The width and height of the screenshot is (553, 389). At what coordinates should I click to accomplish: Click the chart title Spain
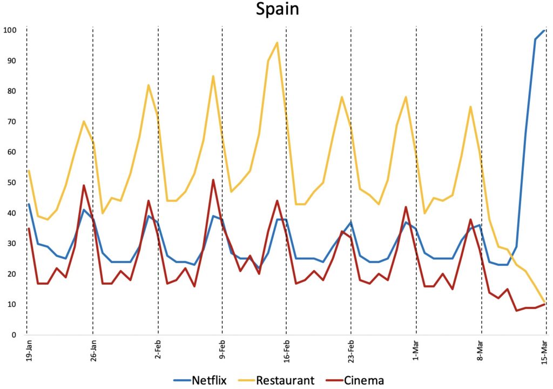[277, 10]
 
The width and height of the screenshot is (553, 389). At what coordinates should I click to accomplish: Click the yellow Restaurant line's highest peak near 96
[277, 43]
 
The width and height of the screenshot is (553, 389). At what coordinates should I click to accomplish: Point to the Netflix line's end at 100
[544, 30]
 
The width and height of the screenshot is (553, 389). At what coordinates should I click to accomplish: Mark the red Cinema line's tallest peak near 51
[213, 180]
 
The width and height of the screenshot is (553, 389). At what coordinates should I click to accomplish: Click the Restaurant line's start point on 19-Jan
[28, 170]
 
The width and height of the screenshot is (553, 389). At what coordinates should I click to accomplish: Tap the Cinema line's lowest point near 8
[517, 310]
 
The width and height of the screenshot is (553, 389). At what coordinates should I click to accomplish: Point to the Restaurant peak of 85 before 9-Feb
[213, 76]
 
